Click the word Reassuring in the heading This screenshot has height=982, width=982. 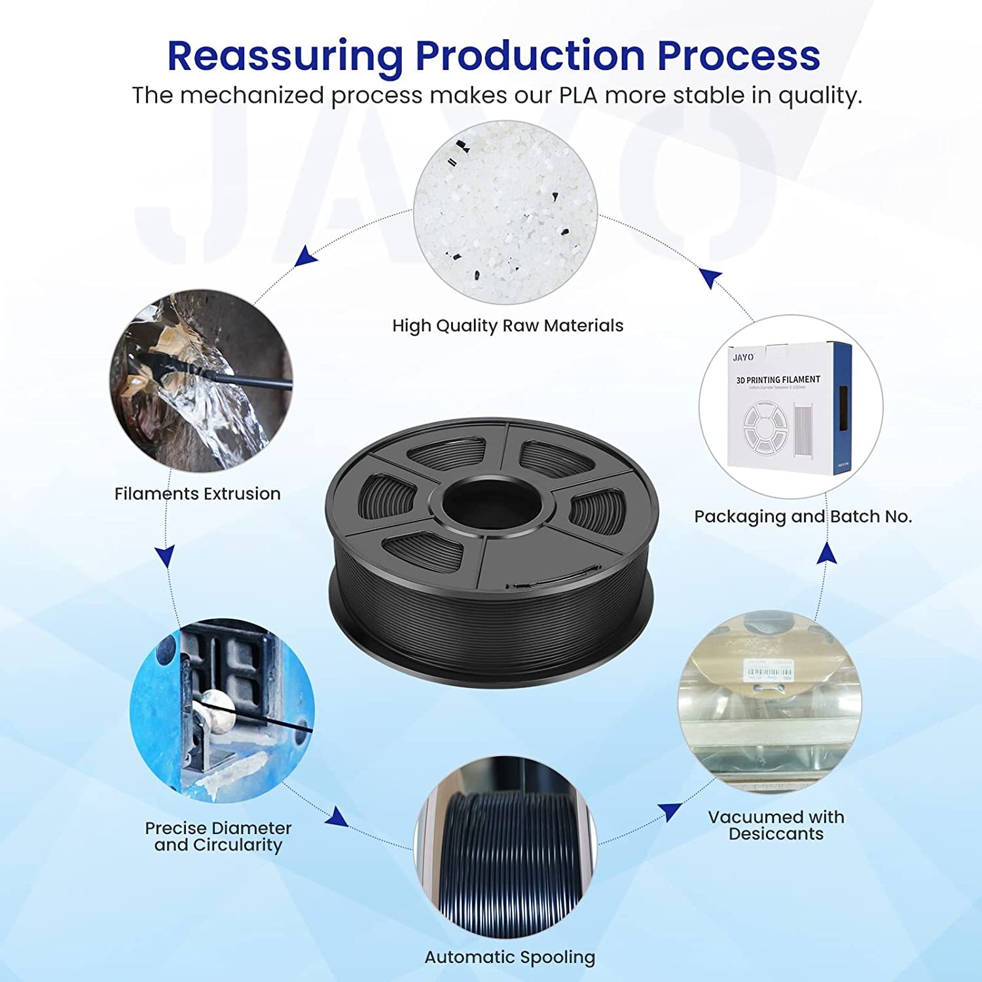(285, 56)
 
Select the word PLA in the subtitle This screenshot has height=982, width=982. (578, 96)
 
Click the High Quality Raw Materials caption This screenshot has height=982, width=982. (507, 325)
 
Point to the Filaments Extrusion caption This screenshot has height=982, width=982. (197, 494)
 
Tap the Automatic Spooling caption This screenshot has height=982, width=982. (510, 957)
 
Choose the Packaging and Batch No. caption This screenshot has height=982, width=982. (803, 517)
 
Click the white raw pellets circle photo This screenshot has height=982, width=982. (505, 213)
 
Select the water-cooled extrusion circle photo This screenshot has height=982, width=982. (201, 381)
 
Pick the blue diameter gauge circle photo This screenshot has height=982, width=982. (222, 711)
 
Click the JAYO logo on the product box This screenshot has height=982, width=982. (743, 357)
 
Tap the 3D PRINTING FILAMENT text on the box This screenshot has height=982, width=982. (778, 380)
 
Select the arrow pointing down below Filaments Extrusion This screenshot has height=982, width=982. (166, 556)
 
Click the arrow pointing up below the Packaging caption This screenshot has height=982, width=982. (827, 554)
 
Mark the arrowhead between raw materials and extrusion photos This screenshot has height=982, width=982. (306, 256)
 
